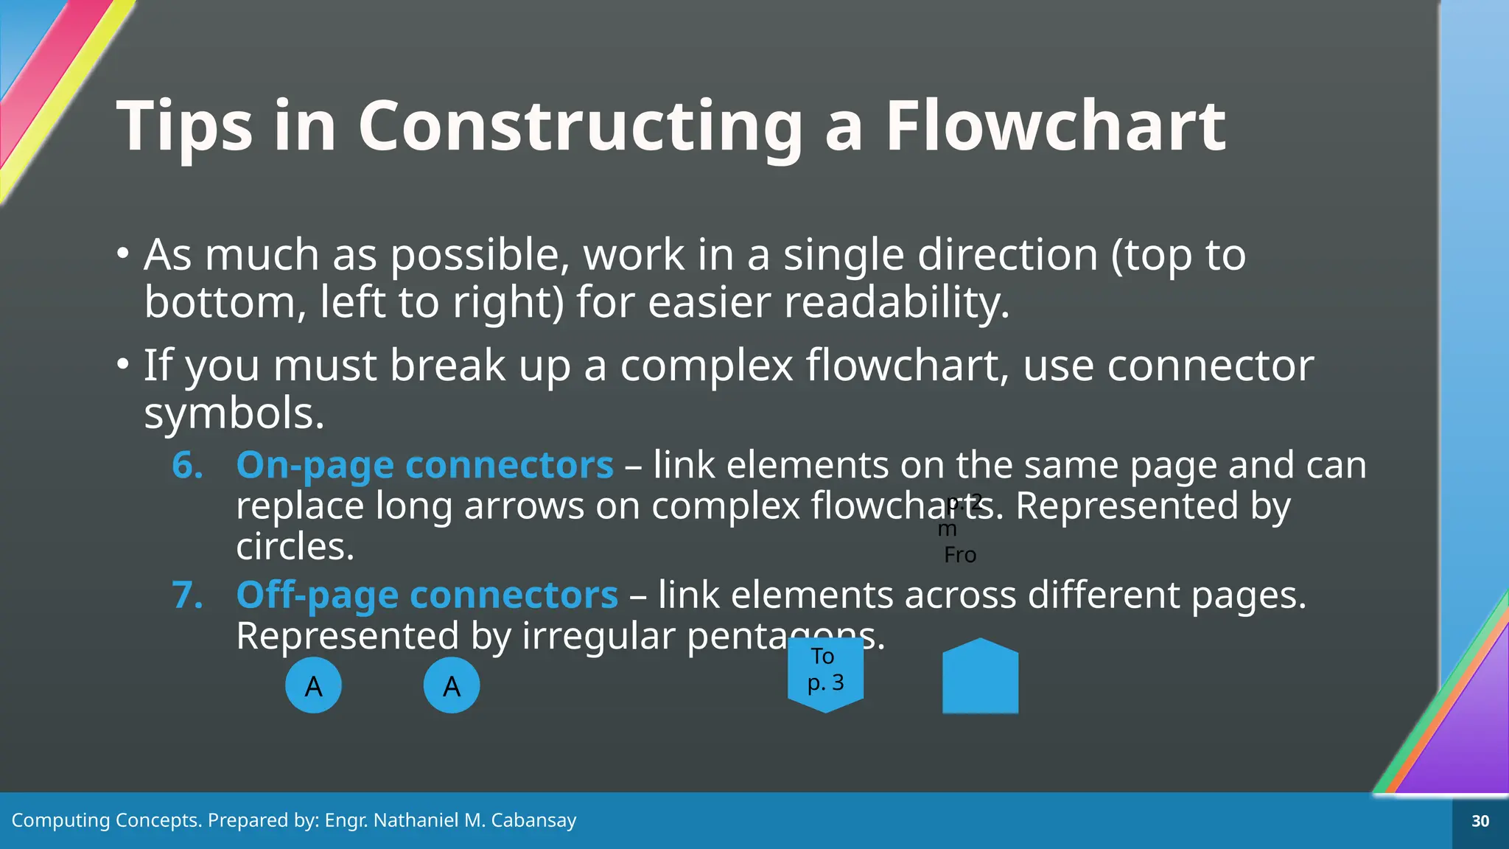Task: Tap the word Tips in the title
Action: coord(184,127)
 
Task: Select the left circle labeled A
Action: coord(313,685)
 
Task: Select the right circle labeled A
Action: coord(452,685)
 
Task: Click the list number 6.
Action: coord(187,466)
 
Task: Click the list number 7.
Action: coord(187,595)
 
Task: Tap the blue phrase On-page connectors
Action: coord(424,466)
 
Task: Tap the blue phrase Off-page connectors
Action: coord(427,595)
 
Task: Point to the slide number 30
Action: coord(1480,821)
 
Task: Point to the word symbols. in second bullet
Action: coord(234,413)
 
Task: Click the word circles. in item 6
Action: coord(295,547)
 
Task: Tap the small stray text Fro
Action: coord(960,555)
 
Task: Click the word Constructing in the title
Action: coord(580,127)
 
